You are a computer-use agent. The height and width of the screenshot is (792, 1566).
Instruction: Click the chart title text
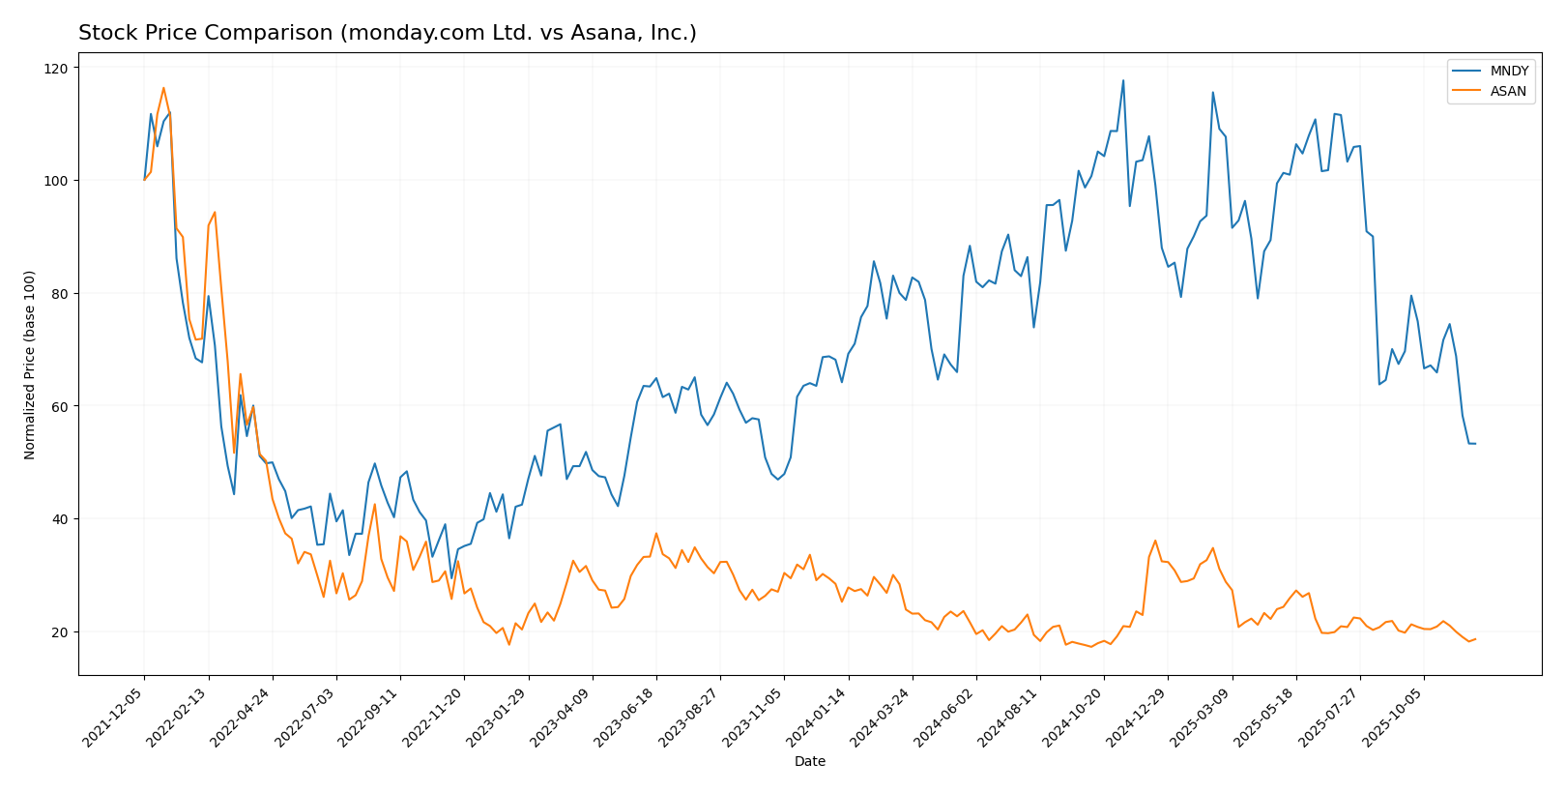click(x=387, y=33)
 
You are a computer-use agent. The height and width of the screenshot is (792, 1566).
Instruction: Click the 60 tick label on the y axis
click(x=59, y=406)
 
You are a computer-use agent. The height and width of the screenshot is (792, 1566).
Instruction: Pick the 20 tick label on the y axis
click(x=59, y=631)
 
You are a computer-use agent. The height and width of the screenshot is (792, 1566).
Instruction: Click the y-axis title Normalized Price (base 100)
click(x=30, y=365)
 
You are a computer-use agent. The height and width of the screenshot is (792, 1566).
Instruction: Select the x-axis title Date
click(x=809, y=761)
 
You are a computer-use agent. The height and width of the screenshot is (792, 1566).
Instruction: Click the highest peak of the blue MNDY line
click(x=1122, y=80)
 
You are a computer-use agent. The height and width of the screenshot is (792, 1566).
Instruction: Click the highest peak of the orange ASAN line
click(x=163, y=88)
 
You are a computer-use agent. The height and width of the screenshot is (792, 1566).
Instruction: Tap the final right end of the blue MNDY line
click(x=1475, y=444)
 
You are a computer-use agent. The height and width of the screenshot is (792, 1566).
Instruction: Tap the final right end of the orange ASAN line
click(x=1475, y=639)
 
